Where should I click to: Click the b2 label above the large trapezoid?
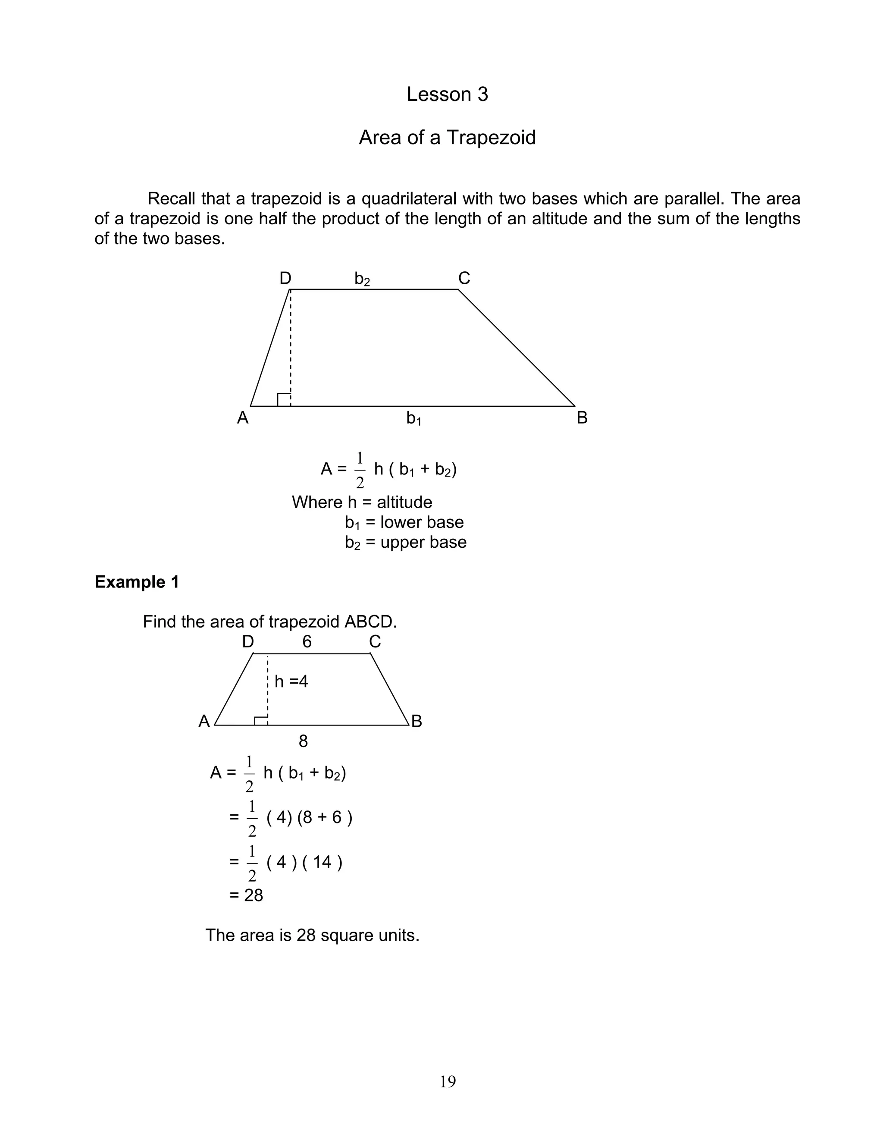tap(362, 279)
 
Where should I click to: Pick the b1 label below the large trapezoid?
tap(414, 418)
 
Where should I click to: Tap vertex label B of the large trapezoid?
tap(582, 418)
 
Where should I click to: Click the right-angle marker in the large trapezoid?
tap(284, 400)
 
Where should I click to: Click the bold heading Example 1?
tap(137, 582)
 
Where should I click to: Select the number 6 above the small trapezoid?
tap(307, 642)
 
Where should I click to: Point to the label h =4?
tap(291, 681)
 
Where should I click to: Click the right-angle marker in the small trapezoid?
tap(261, 721)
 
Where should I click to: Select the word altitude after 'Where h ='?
tap(404, 502)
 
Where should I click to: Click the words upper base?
tap(423, 542)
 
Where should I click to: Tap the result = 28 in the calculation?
tap(246, 895)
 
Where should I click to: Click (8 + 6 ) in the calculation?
tap(325, 817)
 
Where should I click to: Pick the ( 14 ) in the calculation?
tap(322, 862)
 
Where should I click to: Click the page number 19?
tap(448, 1082)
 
